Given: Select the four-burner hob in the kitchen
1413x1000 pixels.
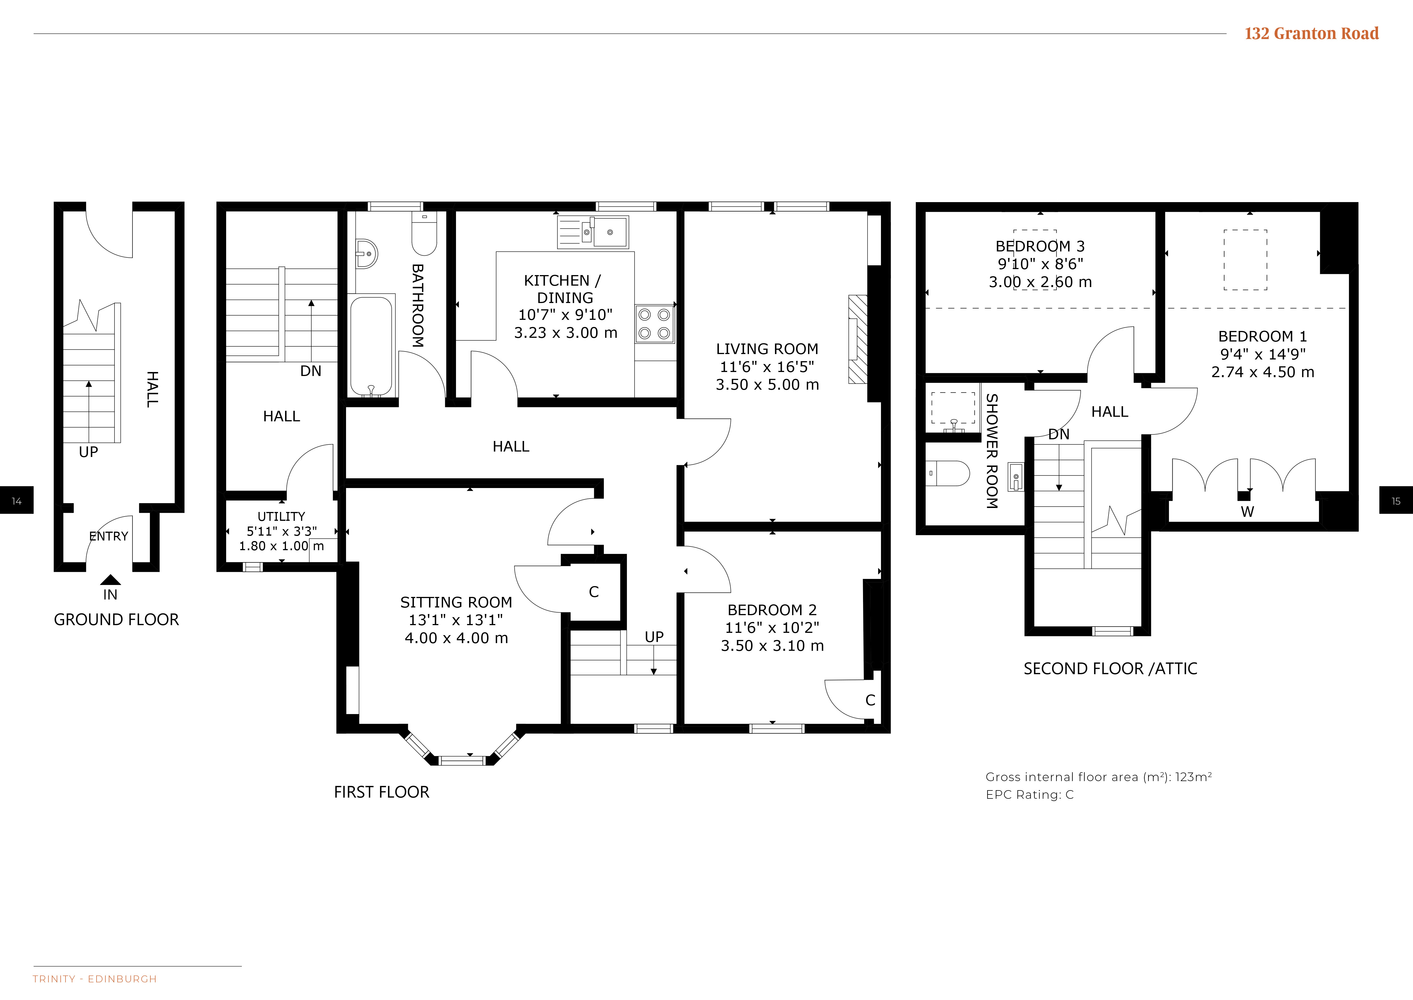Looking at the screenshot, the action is click(x=654, y=324).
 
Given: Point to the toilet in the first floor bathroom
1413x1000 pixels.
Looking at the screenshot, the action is click(x=424, y=234).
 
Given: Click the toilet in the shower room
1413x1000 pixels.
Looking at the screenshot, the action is click(x=948, y=473).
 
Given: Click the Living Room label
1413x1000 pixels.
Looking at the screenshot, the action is click(x=767, y=349).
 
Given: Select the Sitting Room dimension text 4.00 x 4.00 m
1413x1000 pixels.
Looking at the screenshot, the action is click(x=456, y=638).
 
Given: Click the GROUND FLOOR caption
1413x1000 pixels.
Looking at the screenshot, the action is click(x=116, y=619).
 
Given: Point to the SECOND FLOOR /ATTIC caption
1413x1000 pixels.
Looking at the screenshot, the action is click(x=1110, y=669).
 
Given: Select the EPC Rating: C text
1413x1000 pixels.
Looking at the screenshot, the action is click(x=1030, y=795).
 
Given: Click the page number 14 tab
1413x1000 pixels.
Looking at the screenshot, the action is click(x=17, y=501).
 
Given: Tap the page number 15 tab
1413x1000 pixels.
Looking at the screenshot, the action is click(x=1396, y=501).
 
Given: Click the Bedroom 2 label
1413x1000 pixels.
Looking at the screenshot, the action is click(x=772, y=610).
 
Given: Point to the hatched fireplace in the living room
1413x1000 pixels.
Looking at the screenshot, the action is click(x=858, y=339).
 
